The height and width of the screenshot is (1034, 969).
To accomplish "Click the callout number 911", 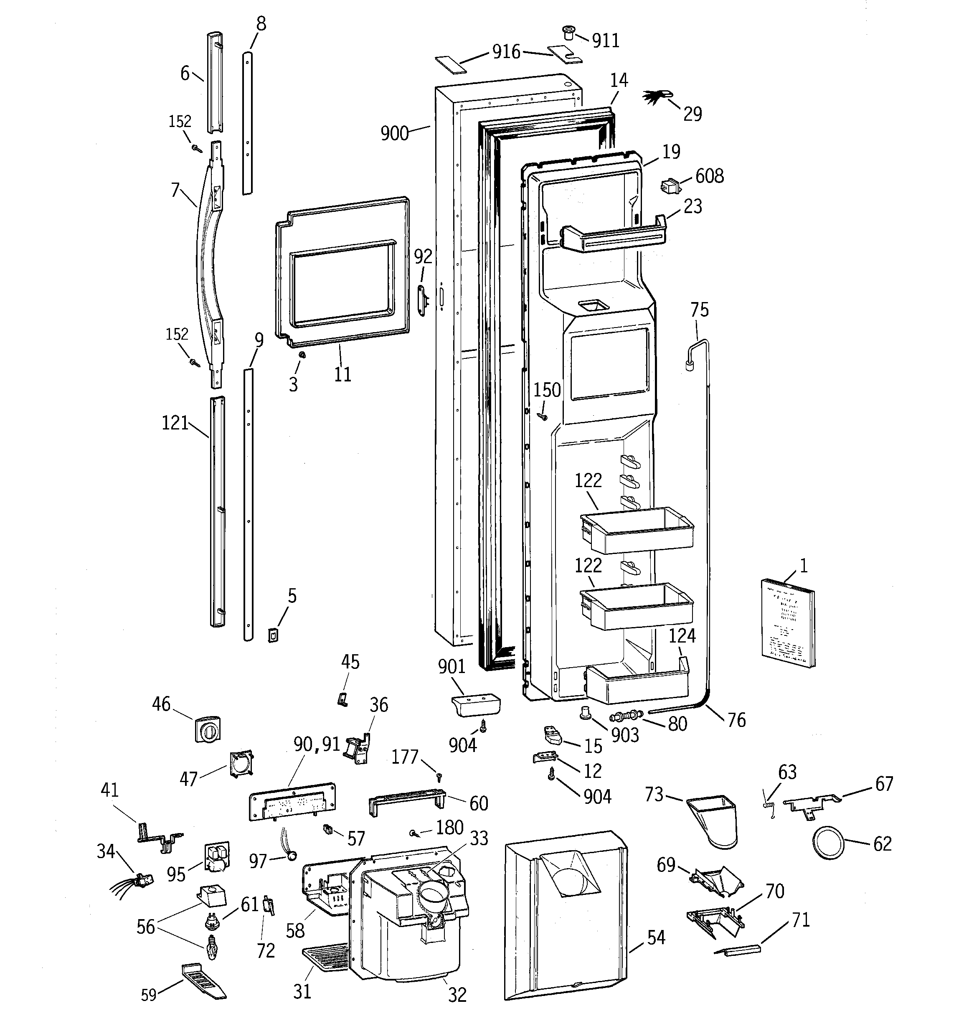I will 606,41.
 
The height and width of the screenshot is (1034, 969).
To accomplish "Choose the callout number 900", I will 394,134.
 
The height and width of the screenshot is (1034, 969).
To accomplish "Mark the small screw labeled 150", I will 543,417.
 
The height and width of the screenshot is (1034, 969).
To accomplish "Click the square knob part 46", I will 207,729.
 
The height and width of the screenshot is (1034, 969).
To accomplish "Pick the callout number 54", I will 656,938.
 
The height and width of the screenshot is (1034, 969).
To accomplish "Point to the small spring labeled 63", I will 768,805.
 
